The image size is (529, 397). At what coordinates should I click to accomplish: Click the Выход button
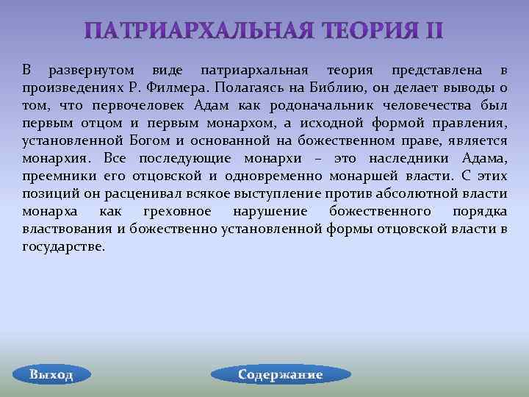point(51,374)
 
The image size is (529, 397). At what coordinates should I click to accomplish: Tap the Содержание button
point(280,374)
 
